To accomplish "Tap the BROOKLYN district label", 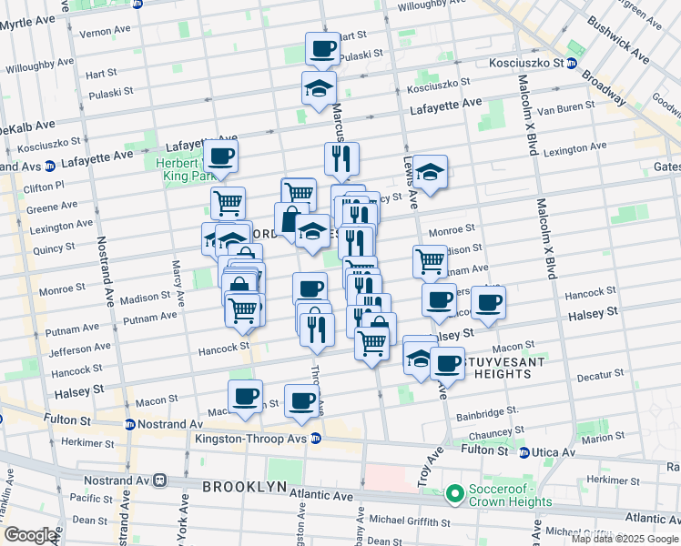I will (x=245, y=487).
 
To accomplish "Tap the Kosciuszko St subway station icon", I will (x=571, y=64).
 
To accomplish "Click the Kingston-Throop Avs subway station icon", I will (x=316, y=438).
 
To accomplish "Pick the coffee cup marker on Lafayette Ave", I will (x=220, y=156).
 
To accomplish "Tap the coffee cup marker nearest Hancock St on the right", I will (x=488, y=302).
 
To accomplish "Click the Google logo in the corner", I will (x=30, y=534).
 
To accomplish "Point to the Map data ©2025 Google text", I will (x=625, y=539).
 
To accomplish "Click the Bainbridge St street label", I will (x=488, y=411).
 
